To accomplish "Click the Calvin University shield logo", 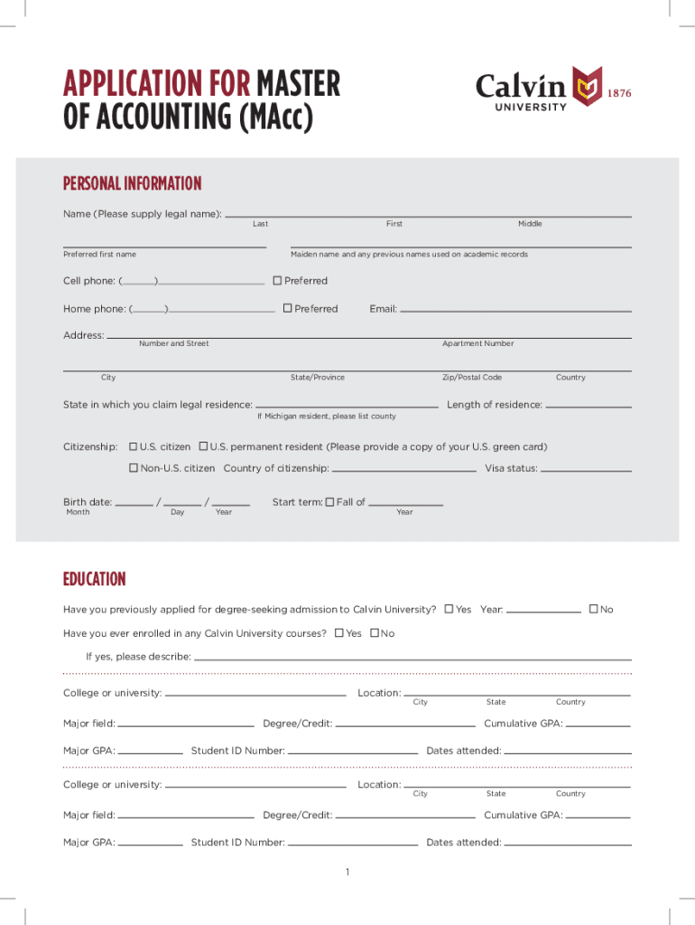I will coord(588,88).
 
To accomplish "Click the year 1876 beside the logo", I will coord(619,93).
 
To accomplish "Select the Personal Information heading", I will coord(132,184).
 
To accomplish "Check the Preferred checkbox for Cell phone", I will coord(277,281).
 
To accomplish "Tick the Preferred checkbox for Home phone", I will coord(287,309).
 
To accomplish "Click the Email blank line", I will coord(514,311).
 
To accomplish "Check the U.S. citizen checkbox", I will coord(134,447).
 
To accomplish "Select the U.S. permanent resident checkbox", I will coord(203,447).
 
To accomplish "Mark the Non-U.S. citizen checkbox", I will coord(134,468).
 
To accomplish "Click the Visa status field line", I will coord(585,471).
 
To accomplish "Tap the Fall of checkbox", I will coord(329,502).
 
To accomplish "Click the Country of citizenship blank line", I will coord(403,471).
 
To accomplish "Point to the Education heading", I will coord(94,579).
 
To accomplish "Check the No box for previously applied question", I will coord(593,609).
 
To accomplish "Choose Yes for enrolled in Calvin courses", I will coord(338,633).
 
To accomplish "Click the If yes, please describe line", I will coord(412,659).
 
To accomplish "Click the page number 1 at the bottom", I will coord(347,872).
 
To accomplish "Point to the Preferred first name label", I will coord(99,255).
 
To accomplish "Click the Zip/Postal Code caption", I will coord(471,378).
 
